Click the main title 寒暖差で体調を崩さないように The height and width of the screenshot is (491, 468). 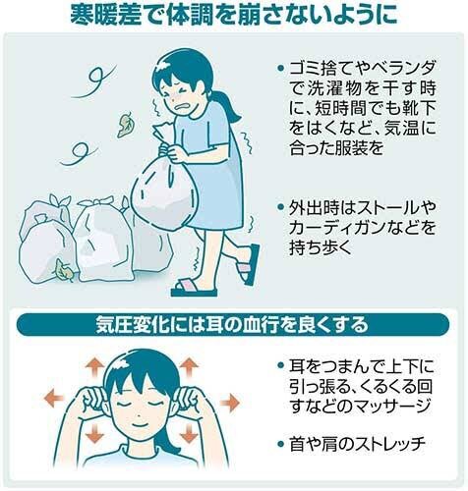pyautogui.click(x=234, y=15)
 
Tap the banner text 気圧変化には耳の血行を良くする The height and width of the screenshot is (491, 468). pyautogui.click(x=232, y=325)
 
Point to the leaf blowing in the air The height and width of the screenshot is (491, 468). pyautogui.click(x=126, y=125)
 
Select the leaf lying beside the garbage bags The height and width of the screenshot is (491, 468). pyautogui.click(x=64, y=270)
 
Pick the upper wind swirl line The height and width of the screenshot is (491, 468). pyautogui.click(x=92, y=82)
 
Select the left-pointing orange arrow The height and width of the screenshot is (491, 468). pyautogui.click(x=53, y=399)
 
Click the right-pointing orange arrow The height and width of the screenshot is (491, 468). pyautogui.click(x=230, y=403)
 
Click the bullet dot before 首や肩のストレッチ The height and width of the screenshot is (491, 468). pyautogui.click(x=280, y=444)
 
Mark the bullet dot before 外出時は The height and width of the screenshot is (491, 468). pyautogui.click(x=280, y=207)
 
